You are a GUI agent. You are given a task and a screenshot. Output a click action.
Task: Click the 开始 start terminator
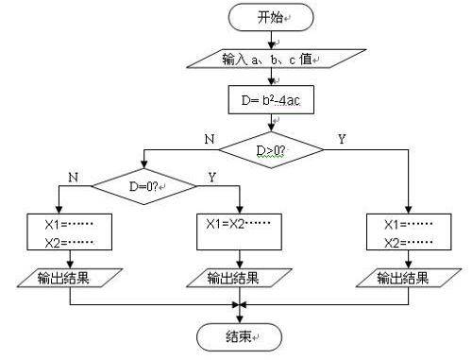click(x=270, y=16)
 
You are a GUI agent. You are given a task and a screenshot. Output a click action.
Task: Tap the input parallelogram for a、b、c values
click(x=270, y=60)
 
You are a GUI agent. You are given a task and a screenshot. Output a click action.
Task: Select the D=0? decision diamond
click(x=149, y=186)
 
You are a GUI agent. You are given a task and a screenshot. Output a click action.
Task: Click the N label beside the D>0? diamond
click(x=210, y=139)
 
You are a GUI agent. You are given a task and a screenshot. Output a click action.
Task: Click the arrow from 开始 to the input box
click(x=270, y=39)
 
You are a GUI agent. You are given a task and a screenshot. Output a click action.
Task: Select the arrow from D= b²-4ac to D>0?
click(x=271, y=122)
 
